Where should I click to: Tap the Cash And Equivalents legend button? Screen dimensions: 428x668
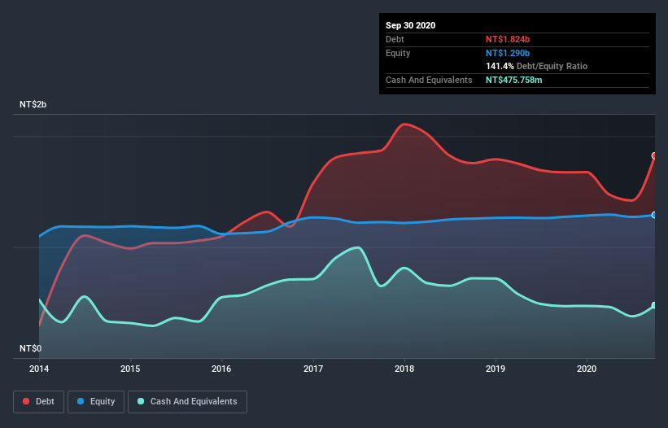coord(187,401)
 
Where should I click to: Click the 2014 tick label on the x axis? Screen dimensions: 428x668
coord(39,369)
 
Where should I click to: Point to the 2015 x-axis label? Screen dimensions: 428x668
coord(130,369)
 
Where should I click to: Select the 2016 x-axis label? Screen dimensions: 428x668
coord(221,369)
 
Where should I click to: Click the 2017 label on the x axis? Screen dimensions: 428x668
coord(313,369)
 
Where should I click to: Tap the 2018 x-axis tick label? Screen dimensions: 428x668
coord(404,369)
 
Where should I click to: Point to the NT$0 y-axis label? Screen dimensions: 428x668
coord(32,348)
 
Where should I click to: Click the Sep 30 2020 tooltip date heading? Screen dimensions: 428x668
coord(411,25)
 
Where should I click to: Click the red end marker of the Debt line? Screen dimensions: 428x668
coord(654,155)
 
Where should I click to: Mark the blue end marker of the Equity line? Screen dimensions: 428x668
coord(654,215)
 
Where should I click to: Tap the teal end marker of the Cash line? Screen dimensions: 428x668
coord(654,306)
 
